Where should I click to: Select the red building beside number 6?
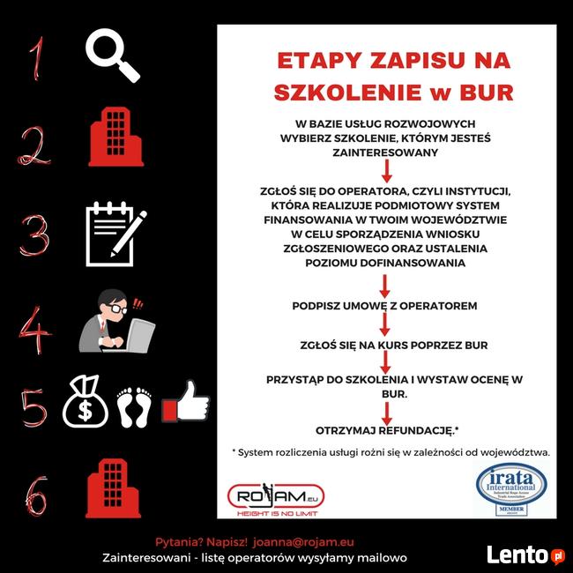(112, 488)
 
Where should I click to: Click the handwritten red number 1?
(35, 57)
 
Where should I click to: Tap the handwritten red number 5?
(33, 407)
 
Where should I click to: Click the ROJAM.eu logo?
(275, 498)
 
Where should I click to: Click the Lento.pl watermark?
(525, 554)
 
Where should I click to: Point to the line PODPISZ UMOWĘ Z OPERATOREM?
(384, 306)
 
